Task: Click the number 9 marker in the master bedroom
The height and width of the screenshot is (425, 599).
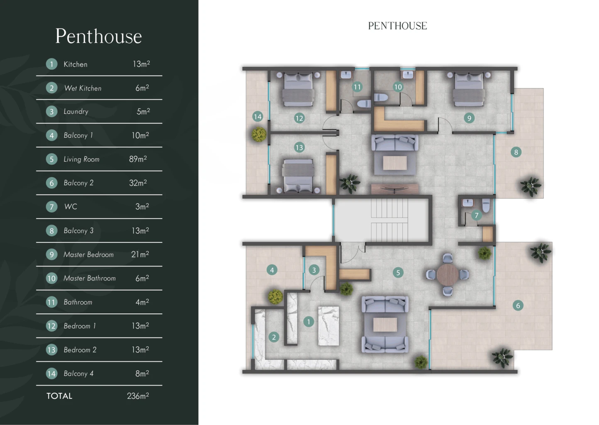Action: [x=469, y=118]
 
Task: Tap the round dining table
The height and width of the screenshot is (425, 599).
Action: [x=447, y=275]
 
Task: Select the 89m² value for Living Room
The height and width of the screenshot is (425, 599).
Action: [x=138, y=159]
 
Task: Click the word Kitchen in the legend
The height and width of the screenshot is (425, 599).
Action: [x=75, y=64]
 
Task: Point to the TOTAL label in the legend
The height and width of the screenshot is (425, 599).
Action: [x=59, y=396]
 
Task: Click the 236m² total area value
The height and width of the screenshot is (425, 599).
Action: [x=138, y=396]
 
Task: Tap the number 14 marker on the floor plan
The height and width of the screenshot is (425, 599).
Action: [x=258, y=117]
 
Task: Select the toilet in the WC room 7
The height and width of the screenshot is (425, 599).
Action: [x=486, y=205]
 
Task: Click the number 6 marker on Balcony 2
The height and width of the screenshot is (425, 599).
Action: [x=518, y=305]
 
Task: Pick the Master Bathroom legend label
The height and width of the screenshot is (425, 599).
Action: [x=90, y=278]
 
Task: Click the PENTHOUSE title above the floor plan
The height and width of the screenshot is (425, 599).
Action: [x=397, y=26]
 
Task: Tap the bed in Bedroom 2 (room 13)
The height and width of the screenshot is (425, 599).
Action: [x=298, y=176]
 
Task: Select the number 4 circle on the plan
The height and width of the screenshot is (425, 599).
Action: [x=272, y=270]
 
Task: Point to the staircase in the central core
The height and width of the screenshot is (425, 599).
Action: [x=390, y=220]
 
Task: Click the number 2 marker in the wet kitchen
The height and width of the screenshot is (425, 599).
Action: [x=274, y=337]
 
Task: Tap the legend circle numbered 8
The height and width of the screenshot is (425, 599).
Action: [x=51, y=231]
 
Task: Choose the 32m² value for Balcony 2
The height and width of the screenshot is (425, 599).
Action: [x=138, y=183]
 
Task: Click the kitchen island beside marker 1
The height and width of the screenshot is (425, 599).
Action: [x=329, y=326]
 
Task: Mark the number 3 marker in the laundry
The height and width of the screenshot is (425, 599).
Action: [x=314, y=270]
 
